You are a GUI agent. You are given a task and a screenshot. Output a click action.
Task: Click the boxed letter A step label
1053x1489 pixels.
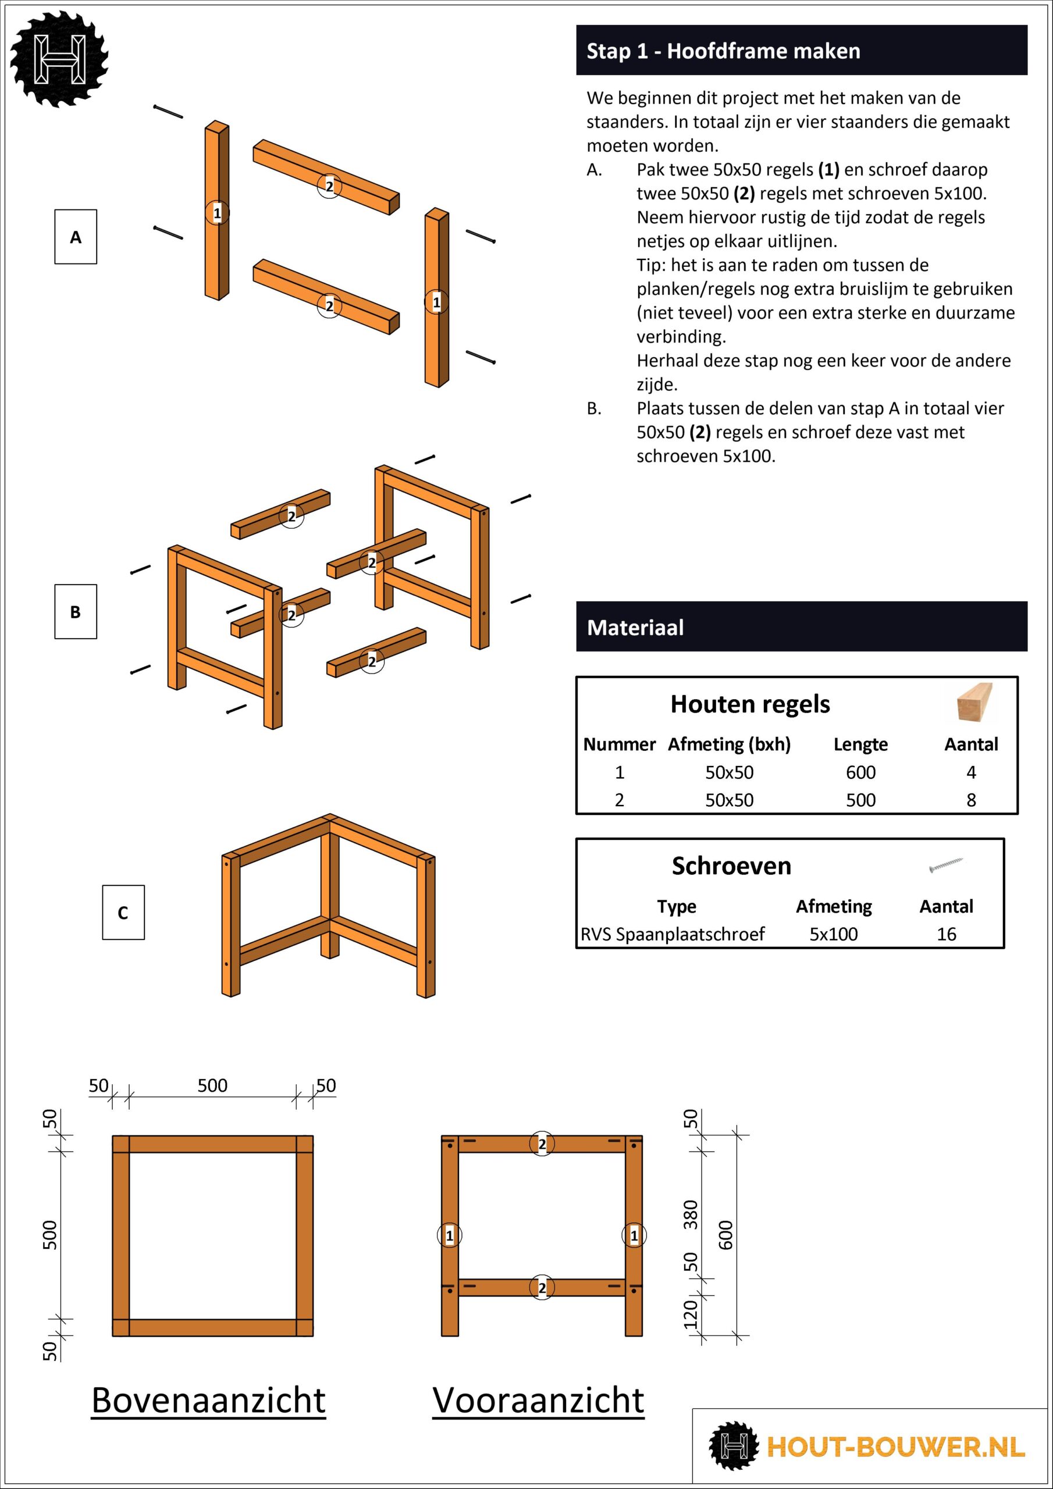(x=75, y=237)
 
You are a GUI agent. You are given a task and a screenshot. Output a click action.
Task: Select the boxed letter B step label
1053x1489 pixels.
(x=75, y=611)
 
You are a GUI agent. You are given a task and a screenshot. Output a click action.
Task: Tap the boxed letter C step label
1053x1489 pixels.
(x=123, y=913)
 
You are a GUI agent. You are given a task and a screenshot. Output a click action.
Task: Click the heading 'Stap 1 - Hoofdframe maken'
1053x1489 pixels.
(x=723, y=51)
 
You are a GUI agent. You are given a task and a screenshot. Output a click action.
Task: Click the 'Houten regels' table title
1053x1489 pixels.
(x=749, y=704)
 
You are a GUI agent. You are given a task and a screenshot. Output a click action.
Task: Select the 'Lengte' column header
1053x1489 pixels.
(x=860, y=744)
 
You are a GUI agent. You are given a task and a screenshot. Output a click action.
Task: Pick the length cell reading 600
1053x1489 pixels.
(x=860, y=772)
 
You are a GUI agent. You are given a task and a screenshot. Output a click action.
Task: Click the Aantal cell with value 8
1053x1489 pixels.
(x=970, y=800)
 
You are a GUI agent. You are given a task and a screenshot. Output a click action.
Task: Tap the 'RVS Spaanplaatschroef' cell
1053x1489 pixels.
(x=672, y=934)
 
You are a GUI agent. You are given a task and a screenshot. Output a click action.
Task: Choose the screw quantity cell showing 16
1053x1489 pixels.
(x=946, y=934)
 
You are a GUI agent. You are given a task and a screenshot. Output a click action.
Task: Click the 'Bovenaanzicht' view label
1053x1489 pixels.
(x=208, y=1400)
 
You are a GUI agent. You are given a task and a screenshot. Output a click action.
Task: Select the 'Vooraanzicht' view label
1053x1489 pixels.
(x=538, y=1400)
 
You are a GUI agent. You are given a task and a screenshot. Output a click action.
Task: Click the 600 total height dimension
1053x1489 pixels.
(x=725, y=1235)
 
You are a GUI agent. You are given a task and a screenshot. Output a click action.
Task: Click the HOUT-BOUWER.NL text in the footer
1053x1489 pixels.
(x=895, y=1447)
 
